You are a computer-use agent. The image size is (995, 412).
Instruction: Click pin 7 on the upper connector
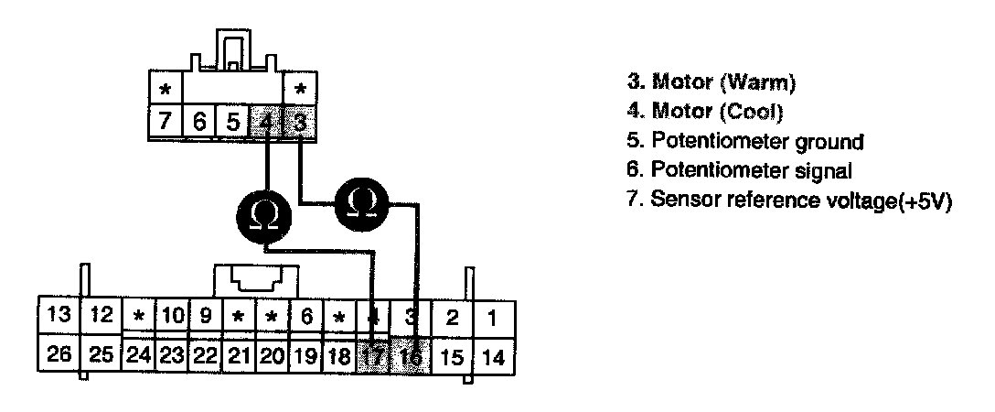tap(166, 122)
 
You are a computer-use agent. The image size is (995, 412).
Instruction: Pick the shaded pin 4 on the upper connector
tap(265, 122)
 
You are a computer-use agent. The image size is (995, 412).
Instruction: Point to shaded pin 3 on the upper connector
tap(297, 122)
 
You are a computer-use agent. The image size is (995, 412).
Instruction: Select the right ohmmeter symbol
tap(362, 203)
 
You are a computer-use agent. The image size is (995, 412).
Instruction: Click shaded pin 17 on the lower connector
tap(373, 355)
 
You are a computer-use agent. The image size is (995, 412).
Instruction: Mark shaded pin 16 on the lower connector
tap(411, 355)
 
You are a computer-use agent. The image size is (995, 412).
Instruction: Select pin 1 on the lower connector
tap(491, 318)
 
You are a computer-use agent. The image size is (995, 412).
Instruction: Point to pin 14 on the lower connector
tap(491, 356)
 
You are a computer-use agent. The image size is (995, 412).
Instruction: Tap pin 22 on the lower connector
tap(205, 355)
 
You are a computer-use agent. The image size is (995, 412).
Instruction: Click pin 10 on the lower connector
tap(172, 318)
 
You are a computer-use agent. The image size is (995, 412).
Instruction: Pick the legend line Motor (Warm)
tap(711, 82)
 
